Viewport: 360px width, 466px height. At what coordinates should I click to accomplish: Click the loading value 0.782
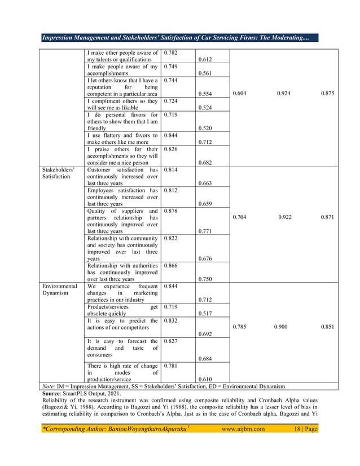pyautogui.click(x=171, y=53)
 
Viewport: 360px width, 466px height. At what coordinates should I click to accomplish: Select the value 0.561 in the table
pyautogui.click(x=205, y=73)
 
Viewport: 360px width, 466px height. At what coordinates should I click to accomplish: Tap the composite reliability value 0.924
pyautogui.click(x=284, y=94)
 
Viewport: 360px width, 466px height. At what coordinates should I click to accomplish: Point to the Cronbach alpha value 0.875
pyautogui.click(x=327, y=94)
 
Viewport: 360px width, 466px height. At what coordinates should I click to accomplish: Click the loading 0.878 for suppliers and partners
pyautogui.click(x=171, y=210)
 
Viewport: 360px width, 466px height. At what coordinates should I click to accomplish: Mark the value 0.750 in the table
pyautogui.click(x=205, y=279)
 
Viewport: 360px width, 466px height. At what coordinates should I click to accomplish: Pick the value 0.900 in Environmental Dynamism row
pyautogui.click(x=281, y=327)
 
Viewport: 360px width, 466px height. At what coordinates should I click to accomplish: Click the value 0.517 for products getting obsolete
pyautogui.click(x=205, y=313)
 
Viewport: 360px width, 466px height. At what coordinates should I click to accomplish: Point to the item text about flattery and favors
pyautogui.click(x=122, y=139)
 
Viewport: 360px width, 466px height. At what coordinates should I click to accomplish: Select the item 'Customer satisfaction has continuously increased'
pyautogui.click(x=122, y=176)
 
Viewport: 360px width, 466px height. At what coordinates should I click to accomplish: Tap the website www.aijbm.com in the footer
pyautogui.click(x=243, y=429)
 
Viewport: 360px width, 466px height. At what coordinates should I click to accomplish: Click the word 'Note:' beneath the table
pyautogui.click(x=50, y=386)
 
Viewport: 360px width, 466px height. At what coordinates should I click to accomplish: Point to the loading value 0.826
pyautogui.click(x=171, y=149)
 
